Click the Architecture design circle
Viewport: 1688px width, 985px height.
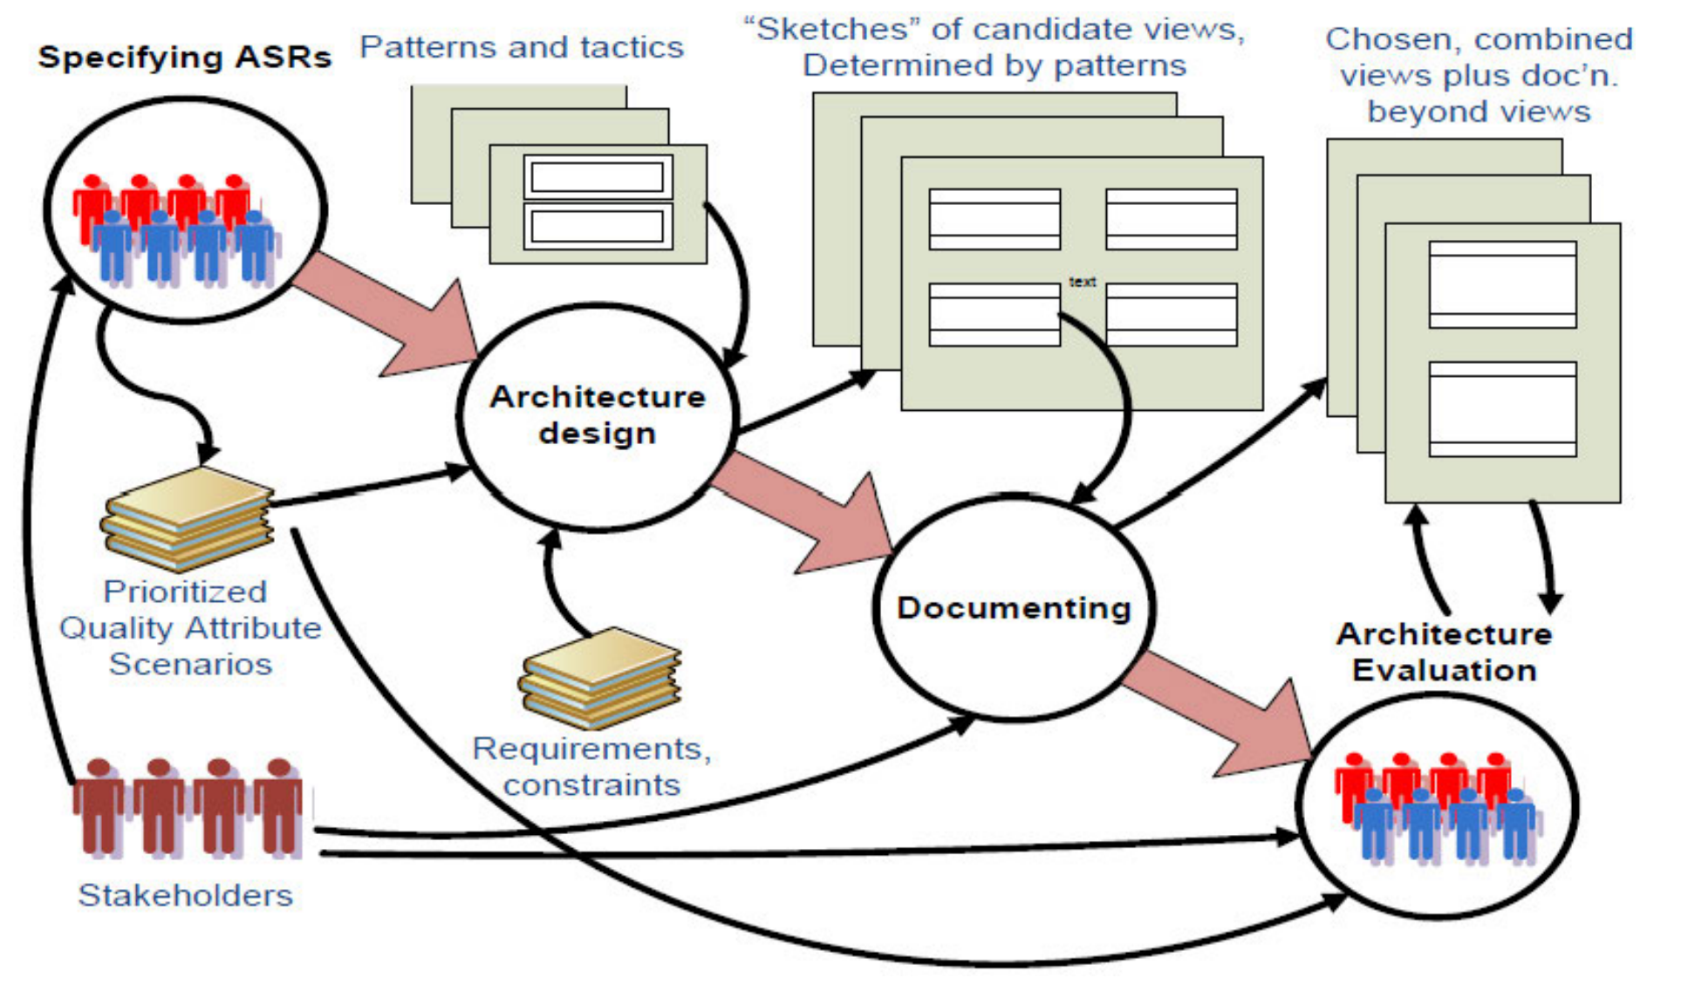point(598,416)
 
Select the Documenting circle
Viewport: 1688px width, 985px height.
point(1014,608)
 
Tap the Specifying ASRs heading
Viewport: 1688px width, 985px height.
point(185,58)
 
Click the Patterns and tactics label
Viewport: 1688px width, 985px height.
point(522,47)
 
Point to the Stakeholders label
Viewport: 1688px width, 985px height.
point(185,895)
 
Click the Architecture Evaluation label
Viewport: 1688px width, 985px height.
point(1444,652)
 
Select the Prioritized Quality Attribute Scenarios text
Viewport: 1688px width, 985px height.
point(189,628)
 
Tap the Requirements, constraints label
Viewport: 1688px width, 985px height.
point(591,766)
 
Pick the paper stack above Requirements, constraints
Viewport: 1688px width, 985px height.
point(600,677)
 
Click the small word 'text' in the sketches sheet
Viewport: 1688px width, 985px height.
point(1083,282)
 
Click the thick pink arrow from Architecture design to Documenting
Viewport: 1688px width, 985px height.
point(807,515)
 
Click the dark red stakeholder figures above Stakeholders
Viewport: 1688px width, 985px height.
point(188,807)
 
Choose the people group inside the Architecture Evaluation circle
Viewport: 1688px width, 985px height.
point(1437,807)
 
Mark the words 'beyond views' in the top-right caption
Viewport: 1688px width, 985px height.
point(1479,113)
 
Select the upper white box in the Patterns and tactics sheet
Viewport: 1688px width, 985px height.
point(598,177)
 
